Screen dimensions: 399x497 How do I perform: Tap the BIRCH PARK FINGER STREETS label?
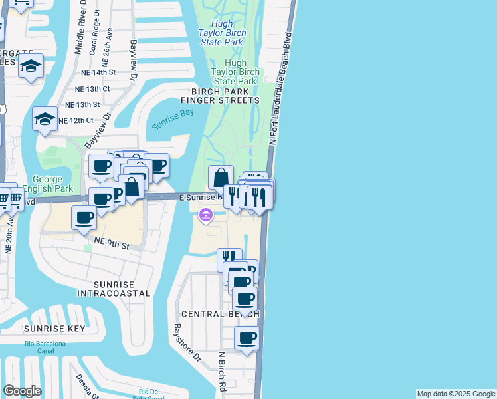225,96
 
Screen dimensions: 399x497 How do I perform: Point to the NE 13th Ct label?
92,88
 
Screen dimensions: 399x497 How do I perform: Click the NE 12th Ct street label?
76,120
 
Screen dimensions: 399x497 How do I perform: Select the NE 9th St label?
111,245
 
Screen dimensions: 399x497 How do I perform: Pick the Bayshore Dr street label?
187,342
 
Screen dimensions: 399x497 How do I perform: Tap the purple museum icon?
205,215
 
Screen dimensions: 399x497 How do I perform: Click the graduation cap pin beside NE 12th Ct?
45,118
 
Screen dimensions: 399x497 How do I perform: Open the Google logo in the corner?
22,391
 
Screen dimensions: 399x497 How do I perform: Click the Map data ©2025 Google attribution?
456,394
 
